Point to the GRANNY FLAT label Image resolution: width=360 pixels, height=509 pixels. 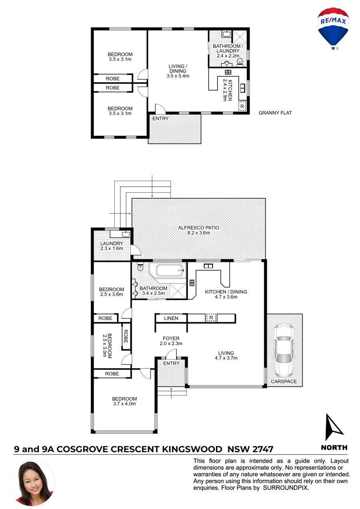tap(275, 113)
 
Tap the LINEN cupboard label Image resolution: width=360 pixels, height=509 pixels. tap(171, 318)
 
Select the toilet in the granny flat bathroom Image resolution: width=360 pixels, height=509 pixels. tap(240, 62)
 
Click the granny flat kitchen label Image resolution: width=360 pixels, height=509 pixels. tap(228, 90)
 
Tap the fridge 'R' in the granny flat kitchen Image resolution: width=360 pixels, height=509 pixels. tap(242, 106)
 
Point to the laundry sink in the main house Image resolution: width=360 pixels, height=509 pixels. tap(125, 234)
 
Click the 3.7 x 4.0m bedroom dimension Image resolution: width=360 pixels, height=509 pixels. tap(124, 403)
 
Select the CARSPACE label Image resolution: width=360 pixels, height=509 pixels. tap(284, 381)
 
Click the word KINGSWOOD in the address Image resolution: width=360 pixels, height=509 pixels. tap(192, 449)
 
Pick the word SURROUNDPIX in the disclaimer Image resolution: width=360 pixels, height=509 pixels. tap(285, 488)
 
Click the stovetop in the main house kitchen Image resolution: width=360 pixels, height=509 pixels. tap(192, 283)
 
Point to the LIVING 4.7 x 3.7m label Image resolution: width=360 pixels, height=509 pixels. tap(226, 355)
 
